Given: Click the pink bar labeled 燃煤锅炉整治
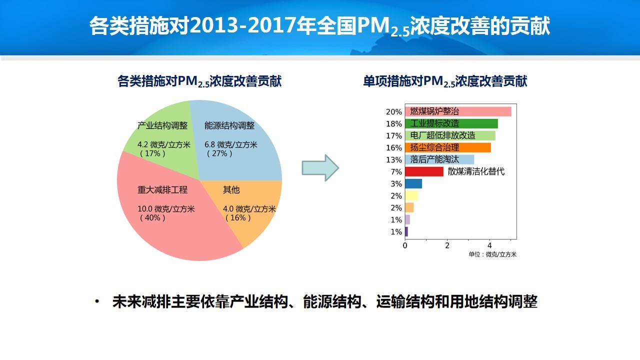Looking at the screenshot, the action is tap(458, 111).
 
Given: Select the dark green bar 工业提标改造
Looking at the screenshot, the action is tap(451, 123).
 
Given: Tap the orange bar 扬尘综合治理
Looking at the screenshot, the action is tap(448, 147).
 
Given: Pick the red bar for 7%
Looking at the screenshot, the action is tap(424, 171).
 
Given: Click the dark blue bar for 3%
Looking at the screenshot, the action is tap(413, 183).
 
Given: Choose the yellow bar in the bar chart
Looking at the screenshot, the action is tap(411, 195).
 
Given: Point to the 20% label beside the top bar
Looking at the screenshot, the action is tap(393, 112).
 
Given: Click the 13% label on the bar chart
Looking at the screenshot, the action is tap(393, 160).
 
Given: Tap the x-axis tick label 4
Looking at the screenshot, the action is tap(489, 245).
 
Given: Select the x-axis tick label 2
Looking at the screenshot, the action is tap(447, 245).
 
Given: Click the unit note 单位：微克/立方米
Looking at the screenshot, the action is tap(492, 254).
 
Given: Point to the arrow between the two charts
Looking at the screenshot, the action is tap(320, 168).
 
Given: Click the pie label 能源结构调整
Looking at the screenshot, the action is tap(229, 125).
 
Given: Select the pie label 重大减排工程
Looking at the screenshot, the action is tap(162, 189).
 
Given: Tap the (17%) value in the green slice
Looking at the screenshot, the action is tap(152, 153).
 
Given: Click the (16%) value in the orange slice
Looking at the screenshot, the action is tap(238, 217).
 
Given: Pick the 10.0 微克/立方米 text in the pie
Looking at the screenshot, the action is tap(166, 209).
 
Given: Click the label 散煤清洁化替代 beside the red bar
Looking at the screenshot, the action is tap(476, 171).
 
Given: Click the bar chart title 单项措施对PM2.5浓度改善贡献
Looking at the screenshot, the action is tap(445, 81).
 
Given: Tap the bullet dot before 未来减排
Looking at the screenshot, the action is tap(97, 301).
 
